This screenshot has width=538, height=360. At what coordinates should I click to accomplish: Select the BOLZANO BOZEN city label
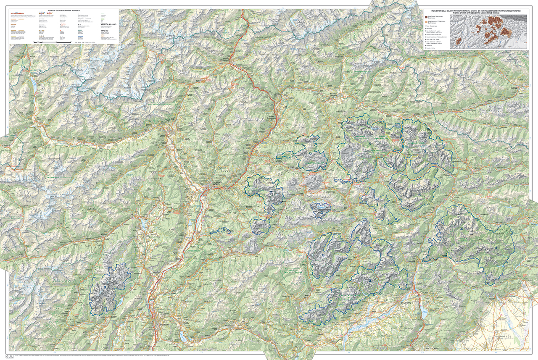pyautogui.click(x=216, y=184)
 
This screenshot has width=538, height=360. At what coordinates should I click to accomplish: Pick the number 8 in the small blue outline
pyautogui.click(x=224, y=229)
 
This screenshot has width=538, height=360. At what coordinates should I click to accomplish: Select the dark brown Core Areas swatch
pyautogui.click(x=425, y=16)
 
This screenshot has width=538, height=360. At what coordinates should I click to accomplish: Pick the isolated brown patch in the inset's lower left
pyautogui.click(x=459, y=41)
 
